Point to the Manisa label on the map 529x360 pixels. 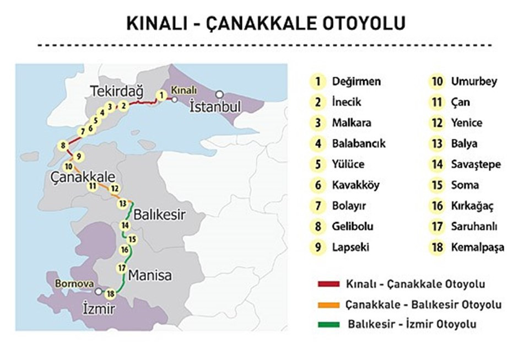[x=149, y=275]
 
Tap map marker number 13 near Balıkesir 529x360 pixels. [x=122, y=203]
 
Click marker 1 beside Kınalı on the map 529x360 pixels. [x=161, y=95]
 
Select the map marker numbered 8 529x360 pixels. [x=64, y=146]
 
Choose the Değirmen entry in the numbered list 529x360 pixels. [x=356, y=82]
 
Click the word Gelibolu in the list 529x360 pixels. [x=352, y=226]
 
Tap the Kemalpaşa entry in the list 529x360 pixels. [x=477, y=247]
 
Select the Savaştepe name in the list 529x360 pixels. [x=474, y=164]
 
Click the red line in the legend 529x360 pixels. [x=329, y=284]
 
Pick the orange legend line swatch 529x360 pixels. [x=329, y=304]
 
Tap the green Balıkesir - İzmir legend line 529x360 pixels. [x=329, y=324]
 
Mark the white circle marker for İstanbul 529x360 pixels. [x=220, y=94]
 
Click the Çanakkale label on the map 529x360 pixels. [x=83, y=178]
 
